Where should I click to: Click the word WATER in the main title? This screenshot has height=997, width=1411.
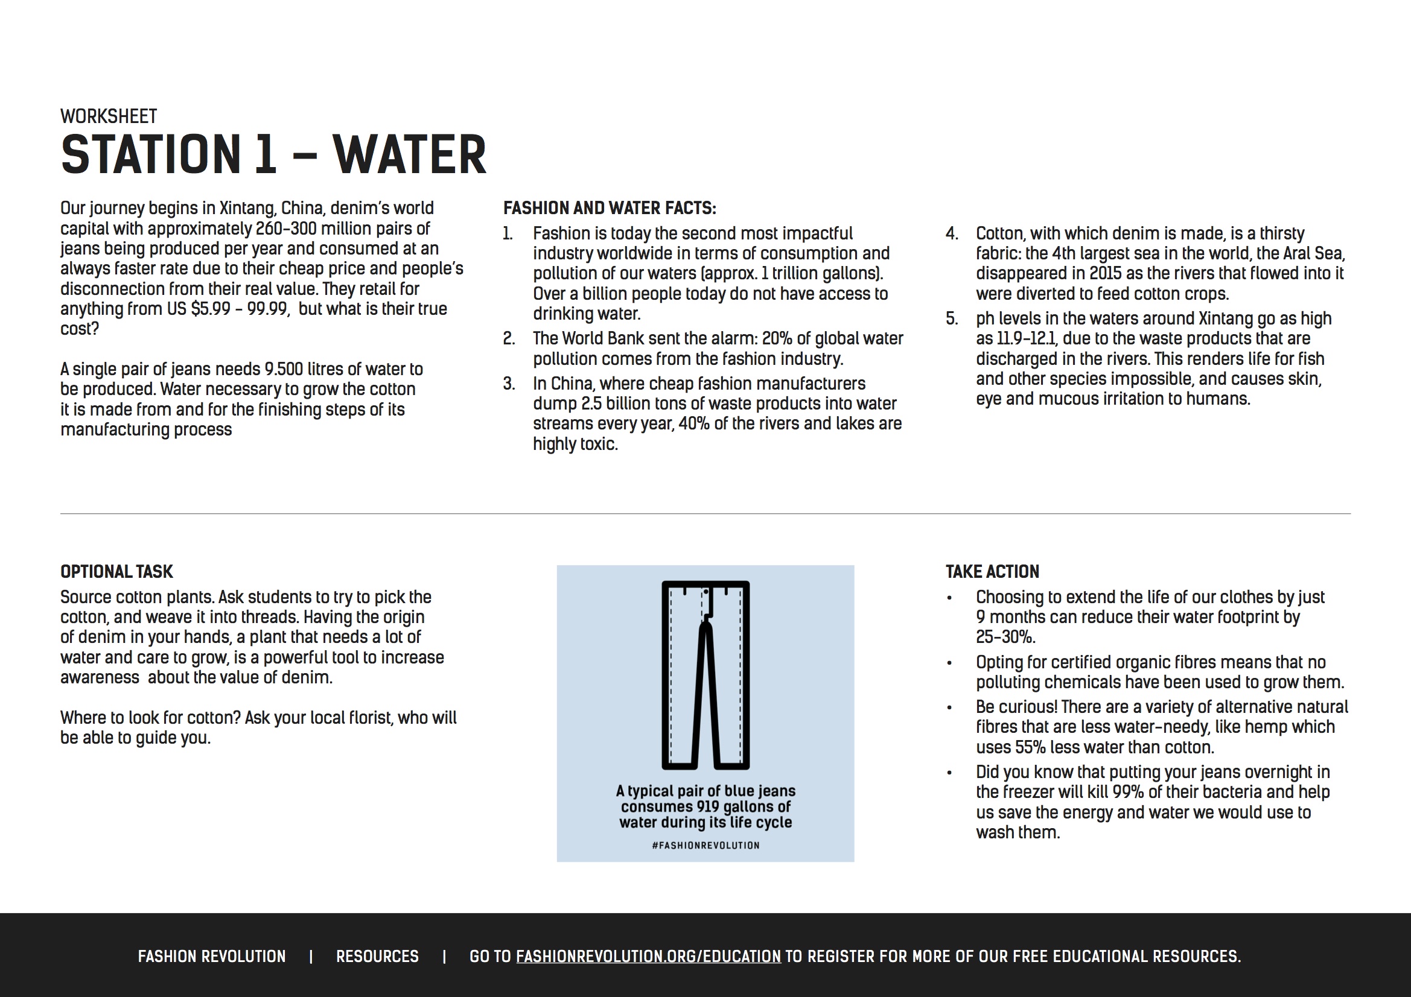point(409,155)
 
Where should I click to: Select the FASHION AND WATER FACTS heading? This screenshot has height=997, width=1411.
point(609,208)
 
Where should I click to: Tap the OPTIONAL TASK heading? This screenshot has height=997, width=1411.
point(116,572)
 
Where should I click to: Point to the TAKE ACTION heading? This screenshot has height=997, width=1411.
point(992,572)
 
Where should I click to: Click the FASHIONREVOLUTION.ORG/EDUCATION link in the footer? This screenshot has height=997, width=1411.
point(648,957)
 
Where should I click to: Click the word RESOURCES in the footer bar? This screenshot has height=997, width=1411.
point(377,957)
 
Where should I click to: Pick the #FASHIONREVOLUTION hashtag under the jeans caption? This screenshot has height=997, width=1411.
point(705,845)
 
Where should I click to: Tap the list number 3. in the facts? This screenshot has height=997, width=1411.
point(509,384)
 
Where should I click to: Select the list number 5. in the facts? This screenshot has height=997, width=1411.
point(951,319)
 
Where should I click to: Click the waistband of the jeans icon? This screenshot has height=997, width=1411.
point(705,584)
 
